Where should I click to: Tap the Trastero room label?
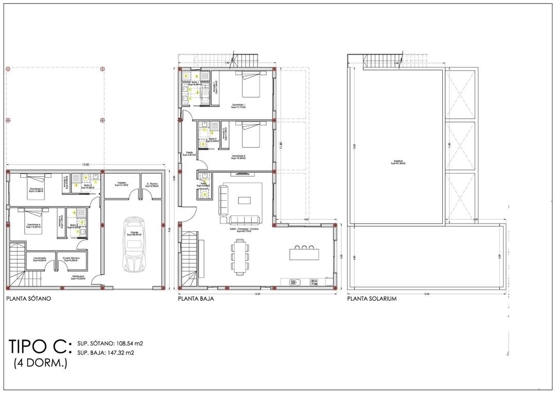(121, 183)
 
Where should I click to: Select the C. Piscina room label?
(151, 183)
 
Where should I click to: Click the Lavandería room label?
(40, 259)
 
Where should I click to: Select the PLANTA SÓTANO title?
(28, 298)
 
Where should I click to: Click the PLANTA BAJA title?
(196, 298)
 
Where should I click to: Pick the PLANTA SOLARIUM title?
(372, 298)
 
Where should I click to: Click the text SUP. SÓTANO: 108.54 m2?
(110, 343)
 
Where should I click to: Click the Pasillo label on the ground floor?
(189, 153)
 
